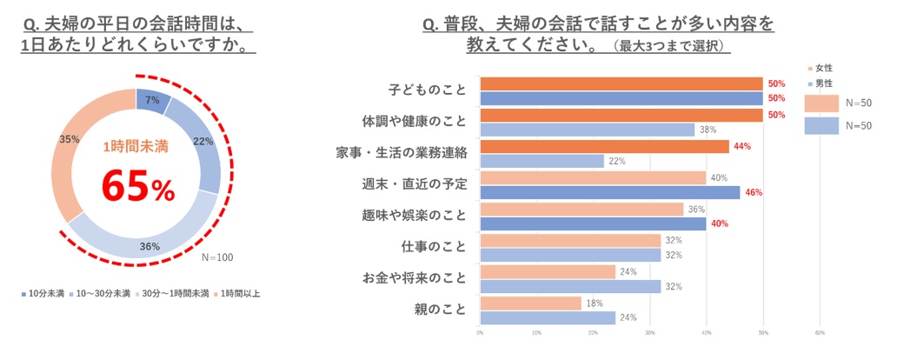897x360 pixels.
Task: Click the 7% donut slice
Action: tap(151, 101)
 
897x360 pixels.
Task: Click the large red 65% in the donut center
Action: tap(137, 185)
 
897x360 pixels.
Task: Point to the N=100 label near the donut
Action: tap(217, 257)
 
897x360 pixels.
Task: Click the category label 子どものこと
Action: tap(426, 90)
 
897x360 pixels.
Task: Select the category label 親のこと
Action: tap(441, 309)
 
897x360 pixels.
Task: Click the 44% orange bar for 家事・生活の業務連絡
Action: tap(604, 147)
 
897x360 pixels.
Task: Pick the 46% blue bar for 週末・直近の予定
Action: tap(609, 192)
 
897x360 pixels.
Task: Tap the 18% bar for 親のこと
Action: tap(530, 303)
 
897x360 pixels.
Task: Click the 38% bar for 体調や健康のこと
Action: tap(587, 130)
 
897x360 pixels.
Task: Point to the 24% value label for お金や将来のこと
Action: tap(628, 271)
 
